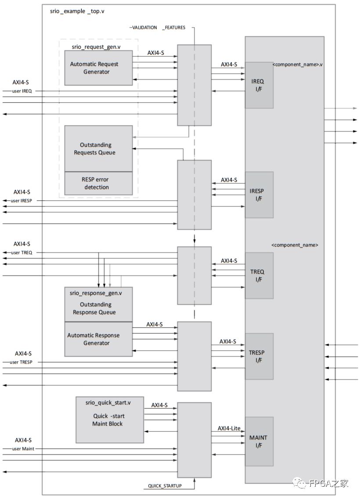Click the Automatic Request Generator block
click(98, 68)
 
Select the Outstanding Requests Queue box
click(98, 148)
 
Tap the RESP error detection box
click(98, 183)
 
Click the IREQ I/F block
click(259, 85)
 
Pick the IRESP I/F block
click(259, 195)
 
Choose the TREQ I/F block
click(259, 275)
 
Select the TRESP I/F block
click(259, 356)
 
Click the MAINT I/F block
click(259, 441)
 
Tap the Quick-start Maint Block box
click(109, 420)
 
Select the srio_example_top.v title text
click(77, 11)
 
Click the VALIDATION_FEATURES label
click(158, 27)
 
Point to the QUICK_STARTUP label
click(164, 486)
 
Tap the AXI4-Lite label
click(229, 428)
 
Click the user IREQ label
click(22, 91)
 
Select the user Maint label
click(23, 449)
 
